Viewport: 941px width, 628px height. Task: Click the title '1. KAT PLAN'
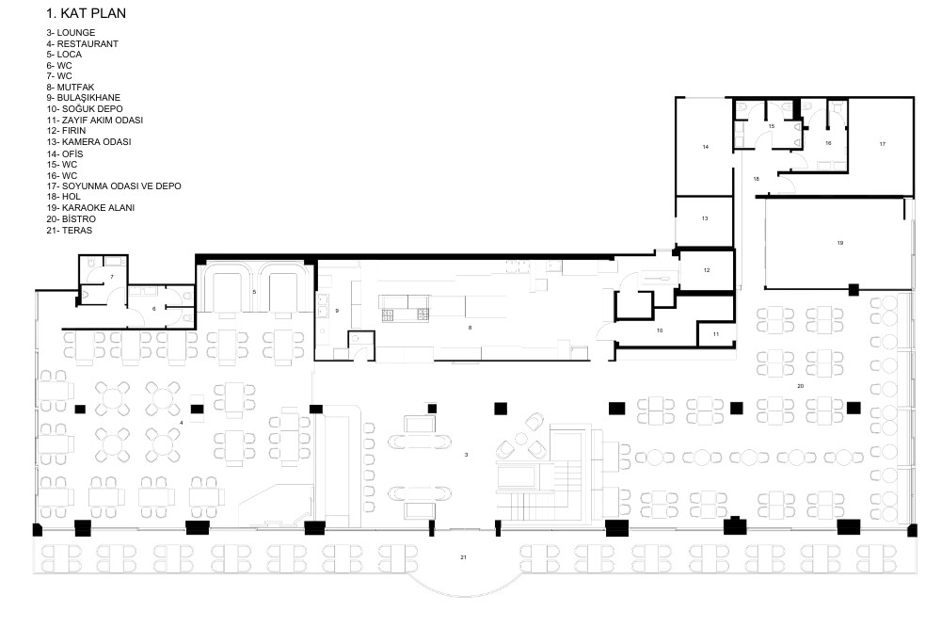tap(87, 13)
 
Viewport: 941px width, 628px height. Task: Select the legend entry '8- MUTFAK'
tap(71, 87)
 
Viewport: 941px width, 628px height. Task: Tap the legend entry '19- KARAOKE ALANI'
tap(90, 208)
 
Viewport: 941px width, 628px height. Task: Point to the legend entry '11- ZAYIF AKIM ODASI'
tap(95, 121)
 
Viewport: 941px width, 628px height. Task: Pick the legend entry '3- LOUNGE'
tap(71, 32)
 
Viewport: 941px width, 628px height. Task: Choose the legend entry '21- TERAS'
tap(69, 230)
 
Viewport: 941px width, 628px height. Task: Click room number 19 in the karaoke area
tap(840, 243)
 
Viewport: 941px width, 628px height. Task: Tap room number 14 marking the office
tap(706, 147)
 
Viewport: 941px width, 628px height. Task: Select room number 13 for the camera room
tap(705, 218)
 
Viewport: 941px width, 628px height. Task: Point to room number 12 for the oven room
tap(707, 270)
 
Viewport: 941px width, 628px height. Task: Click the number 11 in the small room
tap(716, 334)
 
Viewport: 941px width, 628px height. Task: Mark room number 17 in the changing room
tap(883, 144)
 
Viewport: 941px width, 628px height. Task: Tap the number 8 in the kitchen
tap(470, 328)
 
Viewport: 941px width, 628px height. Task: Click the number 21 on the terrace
tap(463, 557)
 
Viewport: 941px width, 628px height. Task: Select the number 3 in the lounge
tap(467, 455)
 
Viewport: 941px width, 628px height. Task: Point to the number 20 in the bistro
tap(800, 386)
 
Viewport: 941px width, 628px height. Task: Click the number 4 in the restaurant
tap(182, 423)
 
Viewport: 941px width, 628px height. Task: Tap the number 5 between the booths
tap(254, 293)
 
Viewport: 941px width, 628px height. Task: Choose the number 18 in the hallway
tap(757, 179)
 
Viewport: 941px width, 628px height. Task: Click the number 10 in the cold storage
tap(660, 330)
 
